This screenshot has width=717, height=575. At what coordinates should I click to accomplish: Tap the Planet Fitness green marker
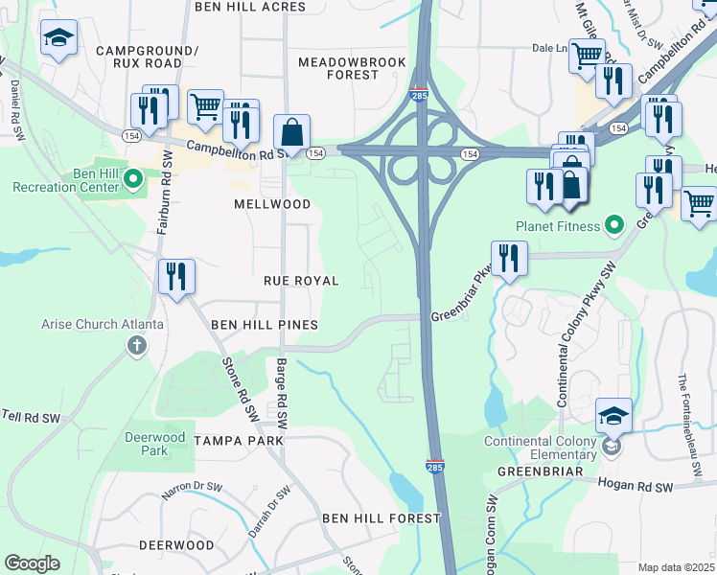pos(617,227)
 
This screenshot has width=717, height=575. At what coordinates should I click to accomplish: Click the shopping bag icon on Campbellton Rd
pos(291,133)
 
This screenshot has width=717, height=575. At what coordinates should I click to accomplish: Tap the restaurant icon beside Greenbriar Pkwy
pos(508,258)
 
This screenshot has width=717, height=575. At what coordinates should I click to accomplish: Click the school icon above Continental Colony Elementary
pos(613,416)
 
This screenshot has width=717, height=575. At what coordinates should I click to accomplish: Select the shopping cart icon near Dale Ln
pos(587,55)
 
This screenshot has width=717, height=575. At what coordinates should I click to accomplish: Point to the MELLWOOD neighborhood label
pos(273,204)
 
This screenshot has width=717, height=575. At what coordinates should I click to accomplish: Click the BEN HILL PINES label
pos(265,325)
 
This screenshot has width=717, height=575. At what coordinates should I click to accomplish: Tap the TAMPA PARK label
pos(239,440)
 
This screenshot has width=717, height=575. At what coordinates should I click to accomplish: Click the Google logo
pos(33,563)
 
